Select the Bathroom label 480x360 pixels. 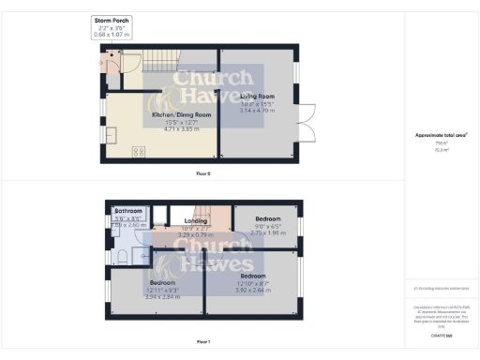pyautogui.click(x=128, y=212)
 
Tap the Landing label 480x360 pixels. pyautogui.click(x=189, y=221)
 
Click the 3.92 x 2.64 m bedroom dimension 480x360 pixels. pyautogui.click(x=253, y=291)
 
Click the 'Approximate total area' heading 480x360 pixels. pyautogui.click(x=441, y=135)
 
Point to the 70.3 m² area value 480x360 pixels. pyautogui.click(x=440, y=148)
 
